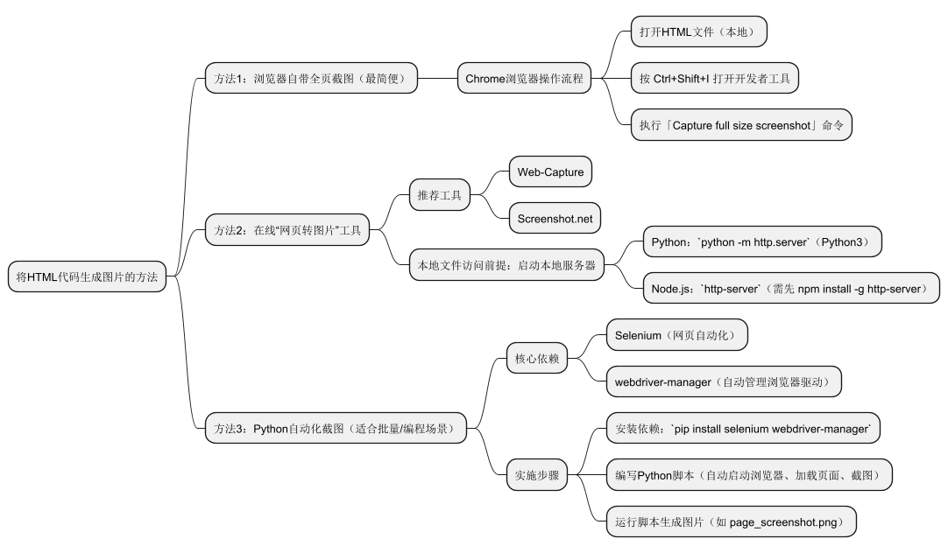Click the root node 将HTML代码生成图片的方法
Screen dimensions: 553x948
[x=86, y=276]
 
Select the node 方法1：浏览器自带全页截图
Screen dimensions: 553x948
[x=310, y=79]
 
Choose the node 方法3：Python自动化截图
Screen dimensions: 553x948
[x=336, y=428]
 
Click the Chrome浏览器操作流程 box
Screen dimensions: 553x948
[x=523, y=79]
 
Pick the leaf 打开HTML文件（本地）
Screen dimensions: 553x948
[x=698, y=32]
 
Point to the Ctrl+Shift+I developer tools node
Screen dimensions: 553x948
[x=715, y=79]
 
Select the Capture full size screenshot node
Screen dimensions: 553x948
[x=741, y=125]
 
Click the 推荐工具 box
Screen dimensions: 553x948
[x=440, y=195]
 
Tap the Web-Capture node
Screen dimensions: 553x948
[x=550, y=171]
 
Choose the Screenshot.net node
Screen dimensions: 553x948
[x=555, y=218]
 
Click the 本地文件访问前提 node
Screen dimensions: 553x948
[x=506, y=265]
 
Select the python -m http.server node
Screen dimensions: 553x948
[x=761, y=241]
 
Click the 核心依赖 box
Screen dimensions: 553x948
[x=537, y=358]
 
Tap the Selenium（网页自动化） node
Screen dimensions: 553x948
[x=676, y=335]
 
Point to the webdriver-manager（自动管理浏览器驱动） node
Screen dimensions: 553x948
[x=728, y=381]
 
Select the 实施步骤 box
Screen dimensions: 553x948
[x=537, y=475]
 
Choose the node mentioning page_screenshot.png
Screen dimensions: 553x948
[x=730, y=521]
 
